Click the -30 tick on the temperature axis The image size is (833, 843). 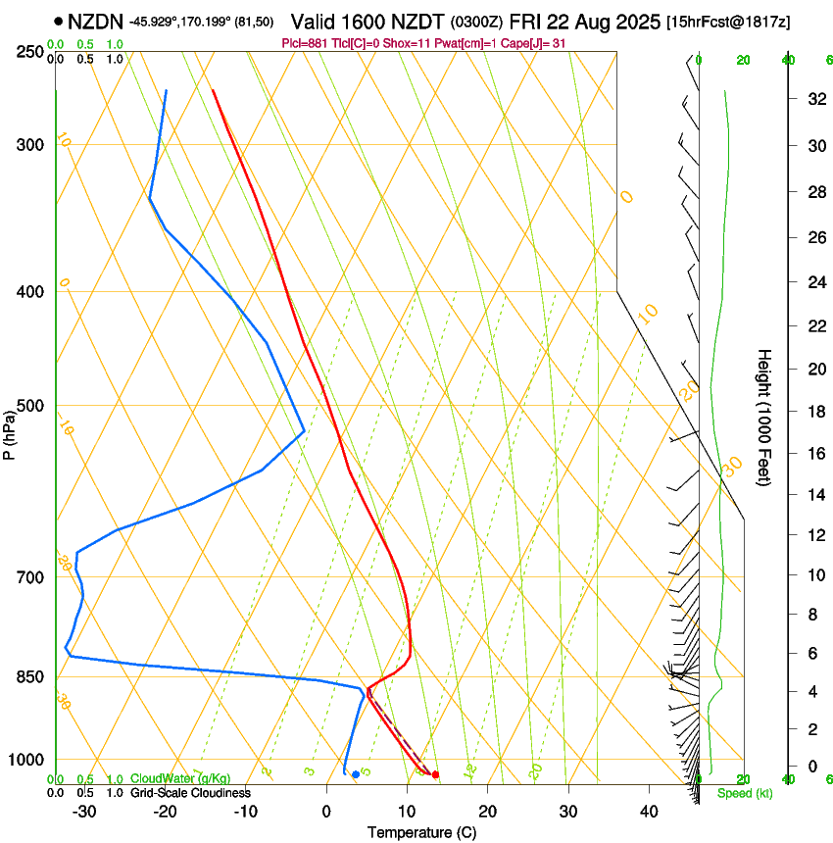84,811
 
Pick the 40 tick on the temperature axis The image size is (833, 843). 648,811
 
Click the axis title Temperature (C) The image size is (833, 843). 421,833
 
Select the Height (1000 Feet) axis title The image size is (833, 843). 764,417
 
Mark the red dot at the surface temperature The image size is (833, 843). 435,774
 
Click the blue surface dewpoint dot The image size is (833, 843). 355,774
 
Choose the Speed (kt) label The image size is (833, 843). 744,793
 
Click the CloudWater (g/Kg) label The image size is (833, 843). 180,779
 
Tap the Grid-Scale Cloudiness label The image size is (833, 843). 190,792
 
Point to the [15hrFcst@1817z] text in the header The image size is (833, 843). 729,21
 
